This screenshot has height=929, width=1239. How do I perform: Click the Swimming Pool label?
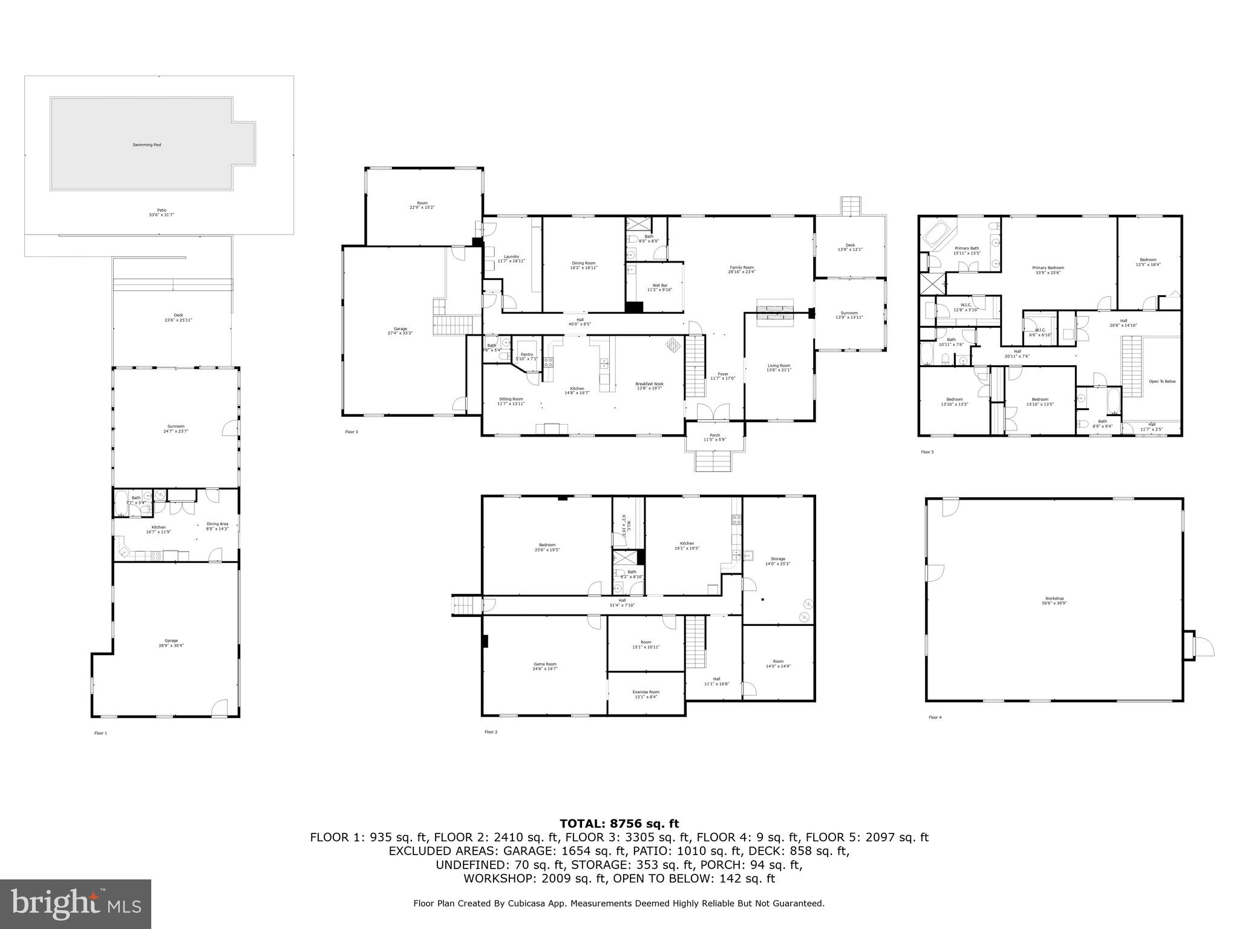coord(147,145)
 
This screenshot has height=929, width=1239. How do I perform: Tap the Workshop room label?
coord(1054,599)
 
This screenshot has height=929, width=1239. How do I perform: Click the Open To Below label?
coord(1162,382)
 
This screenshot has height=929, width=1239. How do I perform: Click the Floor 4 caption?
coord(935,718)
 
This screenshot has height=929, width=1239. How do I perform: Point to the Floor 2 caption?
coord(491,732)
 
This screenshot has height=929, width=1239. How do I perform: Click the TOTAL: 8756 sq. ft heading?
coord(619,824)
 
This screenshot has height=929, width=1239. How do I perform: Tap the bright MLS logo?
coord(76,904)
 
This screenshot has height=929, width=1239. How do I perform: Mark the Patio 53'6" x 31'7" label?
coord(157,212)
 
